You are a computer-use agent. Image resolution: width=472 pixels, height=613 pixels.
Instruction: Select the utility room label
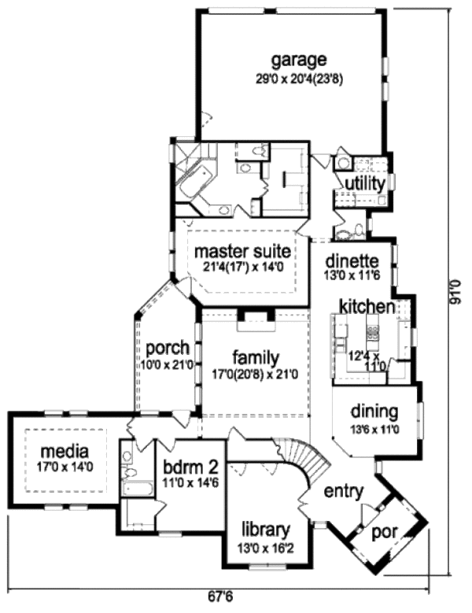(x=362, y=183)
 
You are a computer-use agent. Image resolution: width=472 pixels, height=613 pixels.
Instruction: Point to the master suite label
(x=243, y=252)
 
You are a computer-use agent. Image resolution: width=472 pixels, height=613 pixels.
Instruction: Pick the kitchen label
(x=367, y=306)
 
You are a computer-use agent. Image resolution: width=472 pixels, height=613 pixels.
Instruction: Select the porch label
(x=167, y=347)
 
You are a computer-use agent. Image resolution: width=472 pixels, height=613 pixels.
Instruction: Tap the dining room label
(x=374, y=412)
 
